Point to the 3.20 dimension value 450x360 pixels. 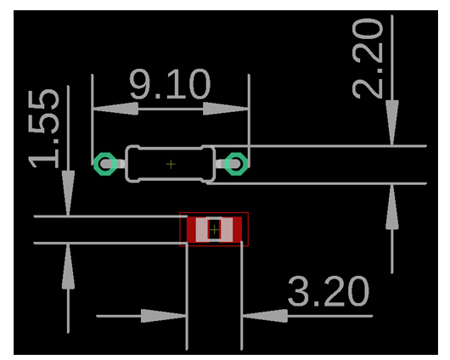pos(329,293)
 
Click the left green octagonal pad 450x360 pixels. pos(105,163)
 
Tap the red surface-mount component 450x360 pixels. pos(215,229)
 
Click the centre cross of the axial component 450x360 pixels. pos(171,163)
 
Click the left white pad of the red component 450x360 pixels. pos(202,229)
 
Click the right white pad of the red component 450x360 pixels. pos(227,229)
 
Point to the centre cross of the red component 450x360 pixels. pos(215,229)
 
